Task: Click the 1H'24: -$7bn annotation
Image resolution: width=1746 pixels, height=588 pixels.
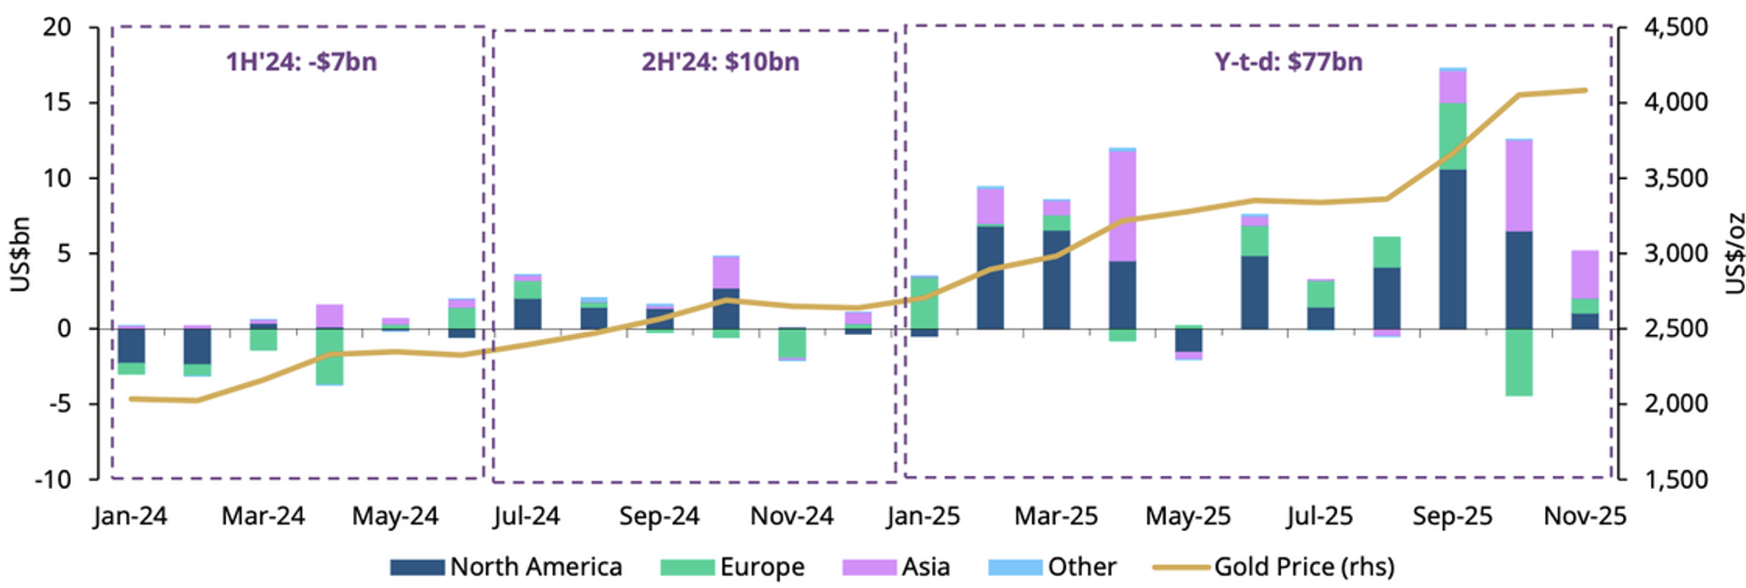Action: pyautogui.click(x=301, y=62)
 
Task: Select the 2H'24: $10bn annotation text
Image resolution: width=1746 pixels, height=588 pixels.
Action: pyautogui.click(x=720, y=62)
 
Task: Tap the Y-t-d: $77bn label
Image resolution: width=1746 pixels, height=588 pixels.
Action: pyautogui.click(x=1289, y=62)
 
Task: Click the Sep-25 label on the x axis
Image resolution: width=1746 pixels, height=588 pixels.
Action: pyautogui.click(x=1453, y=516)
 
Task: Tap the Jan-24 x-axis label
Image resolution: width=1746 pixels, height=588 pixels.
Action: pyautogui.click(x=130, y=516)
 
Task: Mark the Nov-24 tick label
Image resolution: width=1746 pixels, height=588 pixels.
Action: pyautogui.click(x=792, y=516)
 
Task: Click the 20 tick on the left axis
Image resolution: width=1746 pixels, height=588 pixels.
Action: pyautogui.click(x=57, y=27)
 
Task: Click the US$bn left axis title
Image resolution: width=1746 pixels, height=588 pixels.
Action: pyautogui.click(x=20, y=254)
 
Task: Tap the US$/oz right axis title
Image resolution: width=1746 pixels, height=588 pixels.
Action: pyautogui.click(x=1734, y=254)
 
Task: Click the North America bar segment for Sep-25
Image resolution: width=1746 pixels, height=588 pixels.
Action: pyautogui.click(x=1453, y=249)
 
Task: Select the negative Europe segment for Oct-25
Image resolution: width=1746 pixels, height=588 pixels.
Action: pyautogui.click(x=1518, y=363)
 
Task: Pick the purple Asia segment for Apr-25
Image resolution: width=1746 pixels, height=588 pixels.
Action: pyautogui.click(x=1122, y=206)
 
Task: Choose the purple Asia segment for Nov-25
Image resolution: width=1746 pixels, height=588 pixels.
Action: pyautogui.click(x=1585, y=274)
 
